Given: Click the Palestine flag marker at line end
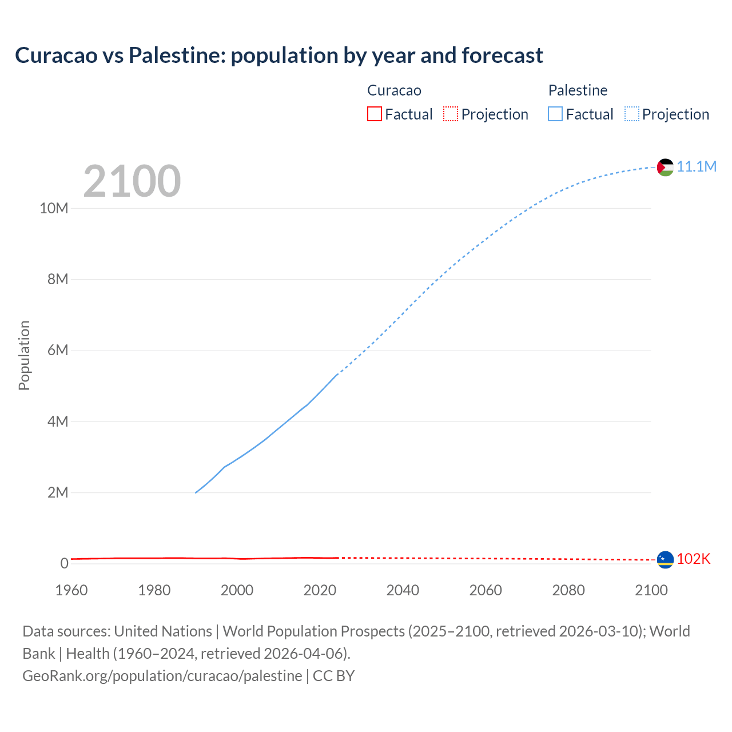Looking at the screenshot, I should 665,167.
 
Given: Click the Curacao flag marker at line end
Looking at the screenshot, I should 665,559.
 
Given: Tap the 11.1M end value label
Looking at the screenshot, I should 697,166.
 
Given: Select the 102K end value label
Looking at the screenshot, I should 693,559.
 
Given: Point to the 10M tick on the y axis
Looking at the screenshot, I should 54,208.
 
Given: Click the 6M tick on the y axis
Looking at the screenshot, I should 58,350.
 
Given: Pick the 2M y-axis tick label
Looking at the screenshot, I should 58,492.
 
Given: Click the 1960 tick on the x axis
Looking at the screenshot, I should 71,590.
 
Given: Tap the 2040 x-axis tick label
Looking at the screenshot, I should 403,590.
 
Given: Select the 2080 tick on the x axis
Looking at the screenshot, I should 568,590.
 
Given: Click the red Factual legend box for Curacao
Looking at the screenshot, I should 375,114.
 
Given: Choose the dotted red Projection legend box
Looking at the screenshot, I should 451,114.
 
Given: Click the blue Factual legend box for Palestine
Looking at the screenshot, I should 555,114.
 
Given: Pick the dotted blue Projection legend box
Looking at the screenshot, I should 632,114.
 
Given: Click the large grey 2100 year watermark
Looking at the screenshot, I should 132,181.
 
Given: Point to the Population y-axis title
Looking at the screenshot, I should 24,355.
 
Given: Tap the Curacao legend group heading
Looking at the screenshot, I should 394,90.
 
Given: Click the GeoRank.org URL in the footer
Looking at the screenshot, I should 162,675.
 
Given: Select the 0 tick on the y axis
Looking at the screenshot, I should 64,563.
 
